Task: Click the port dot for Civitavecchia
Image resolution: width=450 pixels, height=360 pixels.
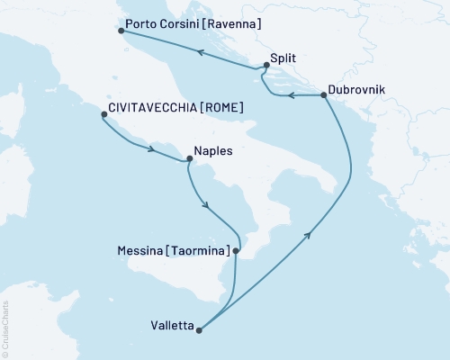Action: click(x=104, y=114)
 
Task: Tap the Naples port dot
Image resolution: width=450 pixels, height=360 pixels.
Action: click(x=188, y=160)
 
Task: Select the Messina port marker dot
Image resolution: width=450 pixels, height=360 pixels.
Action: click(x=235, y=252)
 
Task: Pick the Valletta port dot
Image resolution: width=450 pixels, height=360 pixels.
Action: click(x=199, y=329)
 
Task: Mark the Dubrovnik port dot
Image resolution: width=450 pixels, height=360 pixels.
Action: click(x=322, y=95)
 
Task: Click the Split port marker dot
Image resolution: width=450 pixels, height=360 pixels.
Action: click(x=266, y=65)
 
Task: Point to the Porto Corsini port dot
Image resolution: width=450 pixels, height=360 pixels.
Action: click(x=121, y=32)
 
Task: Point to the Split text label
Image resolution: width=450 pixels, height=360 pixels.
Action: click(x=284, y=58)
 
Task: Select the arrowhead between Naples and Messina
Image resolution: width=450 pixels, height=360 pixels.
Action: click(x=208, y=206)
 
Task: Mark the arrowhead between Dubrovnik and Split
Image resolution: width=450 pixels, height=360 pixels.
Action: click(x=291, y=95)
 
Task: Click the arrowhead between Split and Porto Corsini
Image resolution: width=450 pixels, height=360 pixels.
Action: click(x=201, y=53)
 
